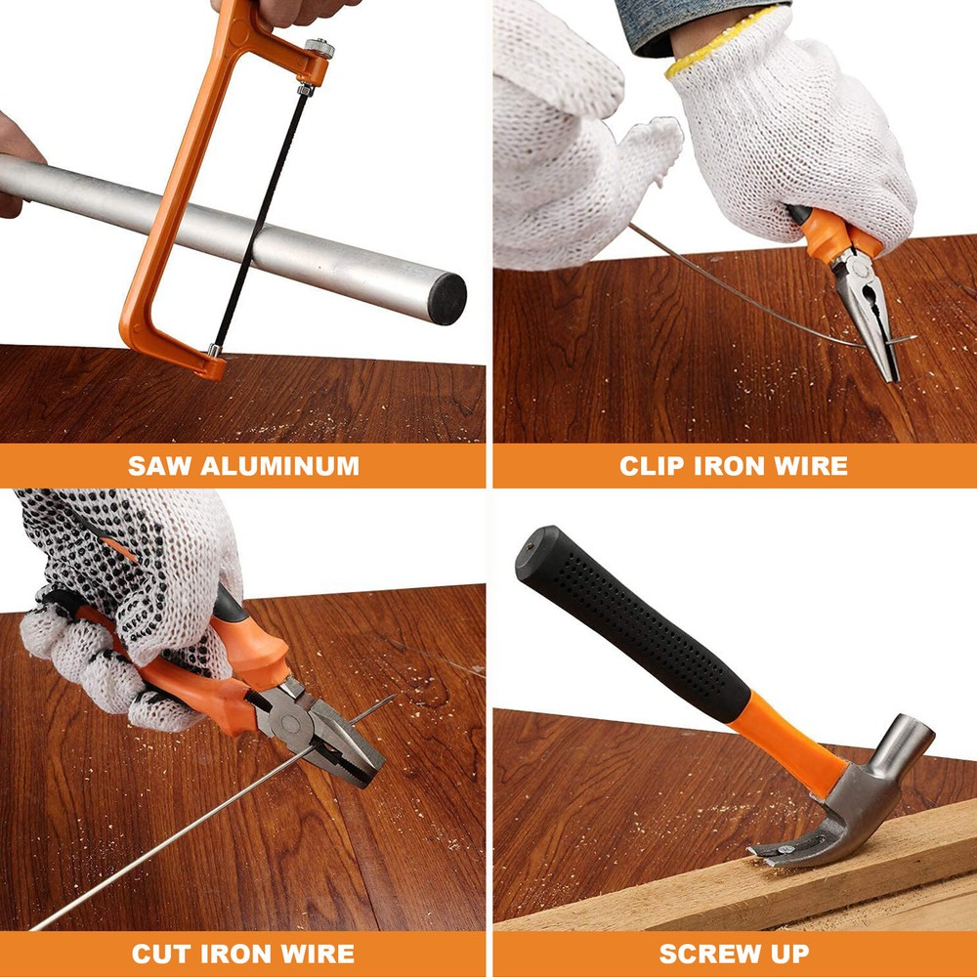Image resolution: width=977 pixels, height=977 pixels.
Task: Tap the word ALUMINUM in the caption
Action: coord(279,466)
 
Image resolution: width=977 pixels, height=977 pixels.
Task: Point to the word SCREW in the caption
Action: coord(710,954)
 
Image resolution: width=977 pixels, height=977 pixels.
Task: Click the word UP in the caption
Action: coord(791,954)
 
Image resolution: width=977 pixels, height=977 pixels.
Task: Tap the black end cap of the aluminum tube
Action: coord(446,298)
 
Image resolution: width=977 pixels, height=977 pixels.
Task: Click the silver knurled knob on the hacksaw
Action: coord(319,48)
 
